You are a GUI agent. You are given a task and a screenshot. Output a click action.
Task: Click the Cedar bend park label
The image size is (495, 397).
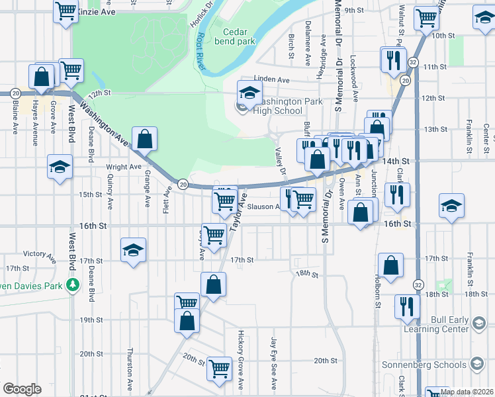[x=239, y=36]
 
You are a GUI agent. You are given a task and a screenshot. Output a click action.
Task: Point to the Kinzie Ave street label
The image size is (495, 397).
[x=96, y=13]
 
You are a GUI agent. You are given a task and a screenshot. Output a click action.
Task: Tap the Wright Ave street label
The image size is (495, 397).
[x=124, y=167]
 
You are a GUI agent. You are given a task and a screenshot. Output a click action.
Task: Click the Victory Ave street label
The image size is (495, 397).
[x=38, y=253]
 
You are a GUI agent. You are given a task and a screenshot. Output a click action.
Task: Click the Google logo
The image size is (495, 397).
[x=22, y=389]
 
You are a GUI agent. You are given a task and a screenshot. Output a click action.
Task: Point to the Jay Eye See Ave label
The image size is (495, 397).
[x=273, y=363]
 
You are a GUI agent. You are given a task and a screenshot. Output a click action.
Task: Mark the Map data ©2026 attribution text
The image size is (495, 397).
[x=465, y=392]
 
